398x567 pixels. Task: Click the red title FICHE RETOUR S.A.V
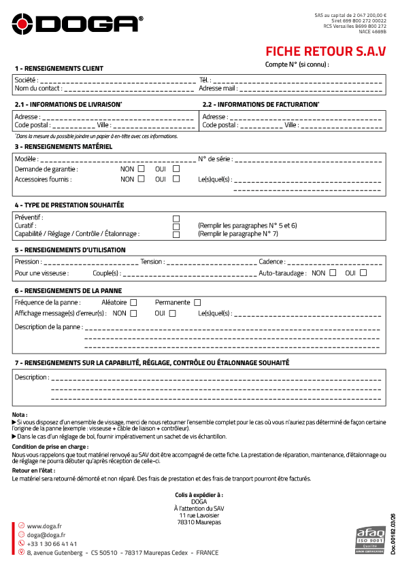point(325,51)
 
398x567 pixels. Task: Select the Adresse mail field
point(310,89)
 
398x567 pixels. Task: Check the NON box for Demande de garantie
point(142,169)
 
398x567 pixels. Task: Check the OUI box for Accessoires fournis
point(176,179)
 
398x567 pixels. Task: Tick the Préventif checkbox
point(176,218)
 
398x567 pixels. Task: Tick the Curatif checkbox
point(176,226)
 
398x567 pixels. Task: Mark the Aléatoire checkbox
point(133,303)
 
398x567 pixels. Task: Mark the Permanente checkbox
point(197,303)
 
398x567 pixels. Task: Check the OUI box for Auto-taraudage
point(363,273)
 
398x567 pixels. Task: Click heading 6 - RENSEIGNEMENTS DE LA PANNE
point(68,290)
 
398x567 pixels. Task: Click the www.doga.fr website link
point(44,526)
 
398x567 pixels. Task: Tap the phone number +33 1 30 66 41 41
point(52,544)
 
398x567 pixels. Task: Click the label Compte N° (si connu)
point(297,65)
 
